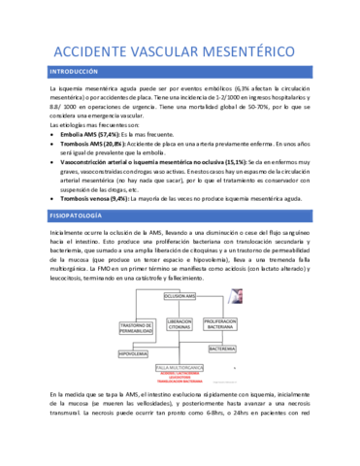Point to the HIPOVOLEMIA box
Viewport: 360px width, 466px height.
pyautogui.click(x=133, y=352)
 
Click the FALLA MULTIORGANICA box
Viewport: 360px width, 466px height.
pyautogui.click(x=181, y=367)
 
